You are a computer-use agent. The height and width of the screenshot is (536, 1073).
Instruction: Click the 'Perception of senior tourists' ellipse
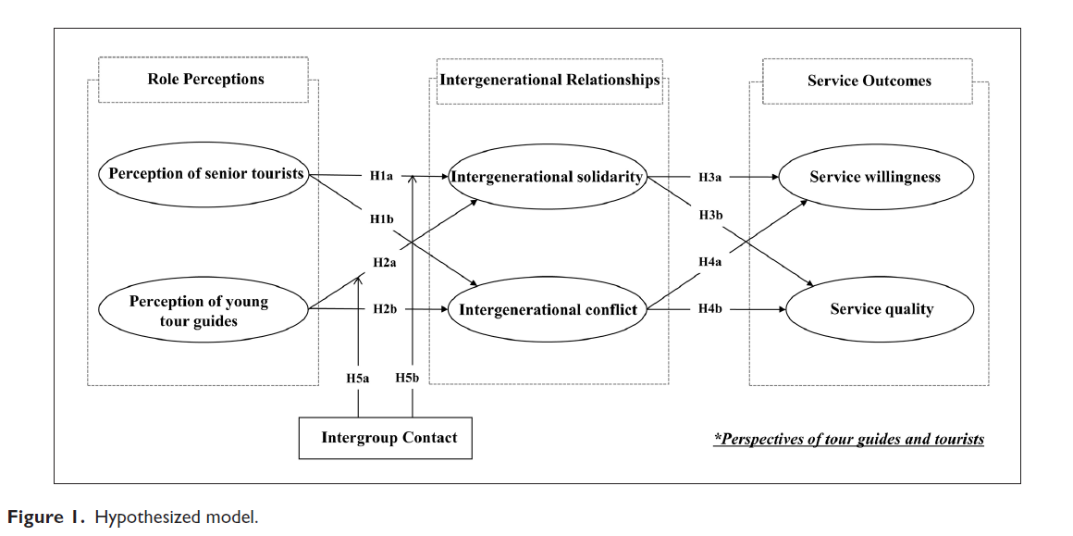tap(204, 174)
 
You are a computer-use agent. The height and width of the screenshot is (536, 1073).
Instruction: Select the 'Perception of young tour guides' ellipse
tap(203, 311)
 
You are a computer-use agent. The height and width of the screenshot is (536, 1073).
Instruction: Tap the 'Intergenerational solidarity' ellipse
tap(547, 177)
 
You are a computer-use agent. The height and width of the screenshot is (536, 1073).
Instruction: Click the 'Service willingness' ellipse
tap(874, 177)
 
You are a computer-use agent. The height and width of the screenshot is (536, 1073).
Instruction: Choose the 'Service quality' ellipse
tap(882, 310)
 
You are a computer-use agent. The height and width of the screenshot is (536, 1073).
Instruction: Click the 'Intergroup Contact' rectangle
tap(388, 438)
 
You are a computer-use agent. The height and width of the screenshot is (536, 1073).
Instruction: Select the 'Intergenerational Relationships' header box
tap(549, 80)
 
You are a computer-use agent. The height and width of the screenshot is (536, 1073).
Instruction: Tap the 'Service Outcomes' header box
tap(869, 81)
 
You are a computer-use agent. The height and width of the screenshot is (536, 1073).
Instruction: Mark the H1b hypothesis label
tap(381, 218)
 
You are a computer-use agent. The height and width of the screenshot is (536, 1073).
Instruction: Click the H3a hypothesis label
tap(710, 176)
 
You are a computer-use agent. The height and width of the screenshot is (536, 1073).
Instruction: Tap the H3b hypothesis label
tap(710, 216)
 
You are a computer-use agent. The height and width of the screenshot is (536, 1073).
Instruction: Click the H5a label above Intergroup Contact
tap(358, 378)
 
